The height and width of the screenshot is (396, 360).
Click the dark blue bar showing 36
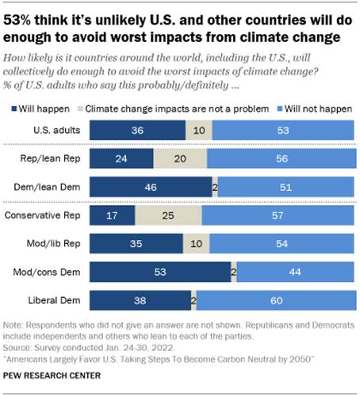pos(137,129)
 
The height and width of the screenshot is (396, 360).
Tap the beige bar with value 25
pos(168,215)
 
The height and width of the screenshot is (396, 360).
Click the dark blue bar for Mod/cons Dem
pos(160,272)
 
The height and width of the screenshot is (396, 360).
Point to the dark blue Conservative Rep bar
pos(113,215)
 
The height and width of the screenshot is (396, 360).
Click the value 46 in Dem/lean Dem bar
pos(151,187)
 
